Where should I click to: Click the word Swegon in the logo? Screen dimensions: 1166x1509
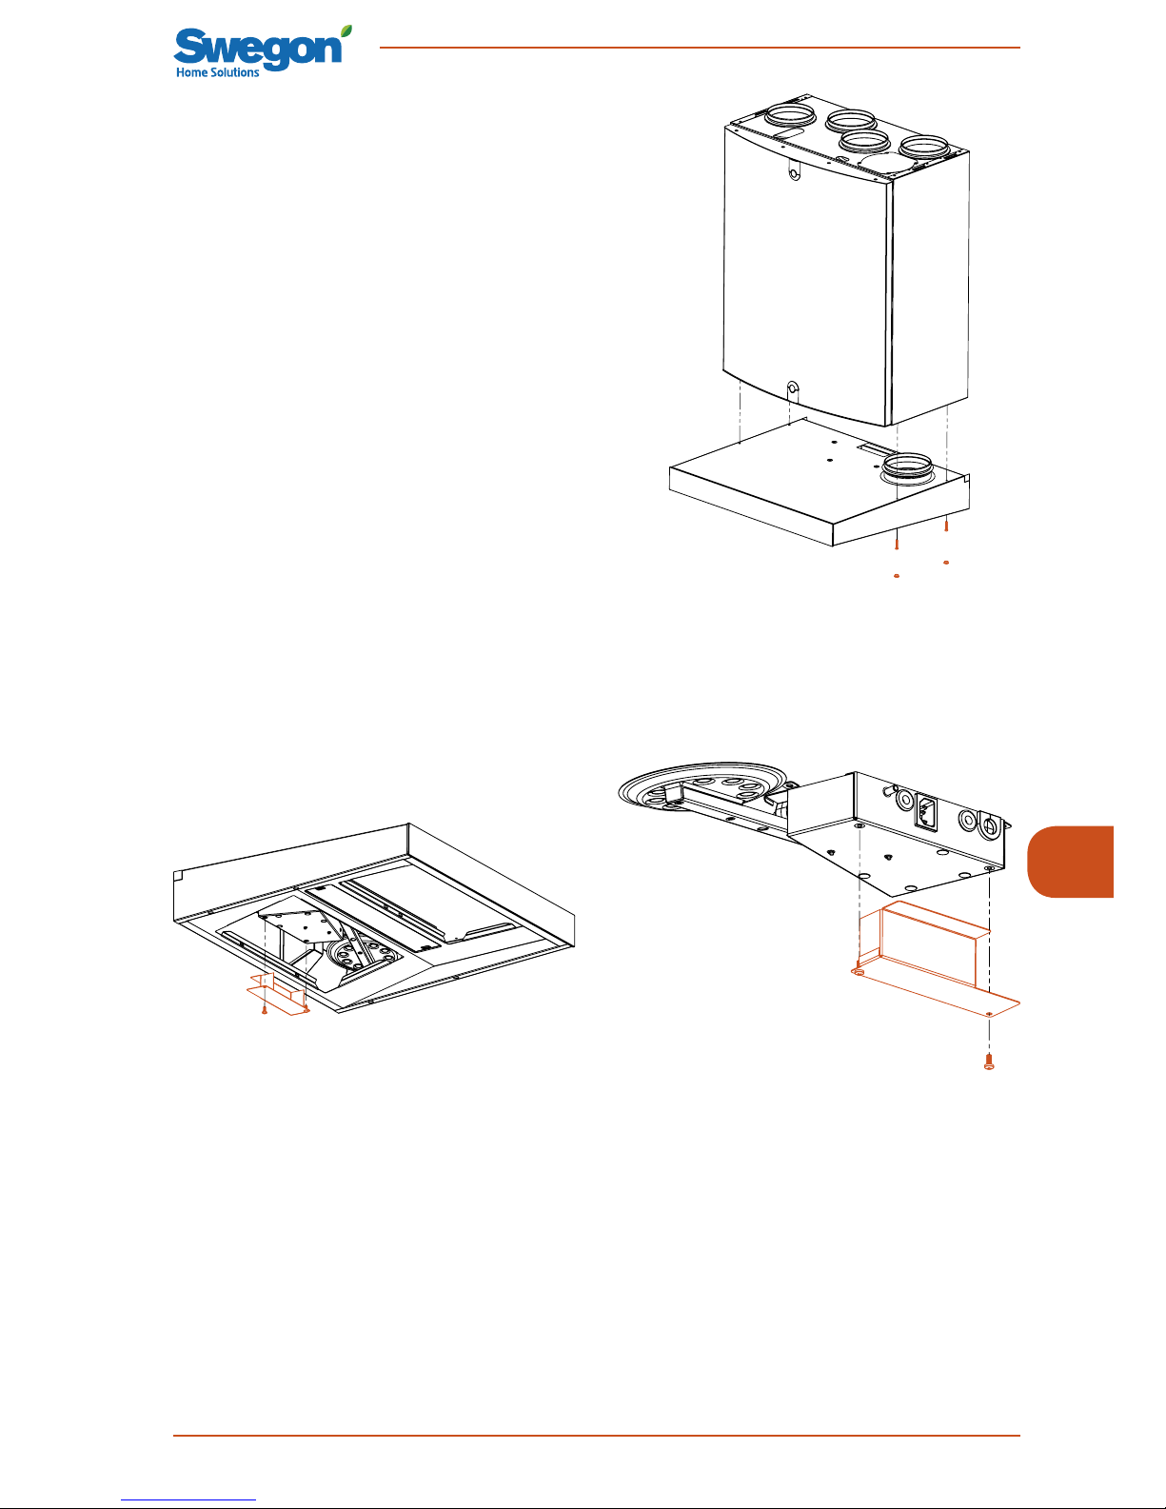258,48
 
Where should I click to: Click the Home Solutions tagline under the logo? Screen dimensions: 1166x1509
217,72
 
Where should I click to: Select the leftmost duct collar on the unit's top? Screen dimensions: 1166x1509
785,118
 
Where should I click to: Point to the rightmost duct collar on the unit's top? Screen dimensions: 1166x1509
924,147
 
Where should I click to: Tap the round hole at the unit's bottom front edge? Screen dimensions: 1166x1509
793,387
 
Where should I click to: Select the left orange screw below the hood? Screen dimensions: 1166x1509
897,540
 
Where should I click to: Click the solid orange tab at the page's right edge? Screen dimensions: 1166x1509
1070,861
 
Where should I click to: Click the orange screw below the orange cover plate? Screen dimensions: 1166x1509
989,1062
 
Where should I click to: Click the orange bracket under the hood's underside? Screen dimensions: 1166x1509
279,994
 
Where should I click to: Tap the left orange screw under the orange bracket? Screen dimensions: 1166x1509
265,1010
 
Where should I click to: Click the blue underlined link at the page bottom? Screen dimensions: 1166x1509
188,1499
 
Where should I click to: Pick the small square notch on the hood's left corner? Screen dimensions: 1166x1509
178,874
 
